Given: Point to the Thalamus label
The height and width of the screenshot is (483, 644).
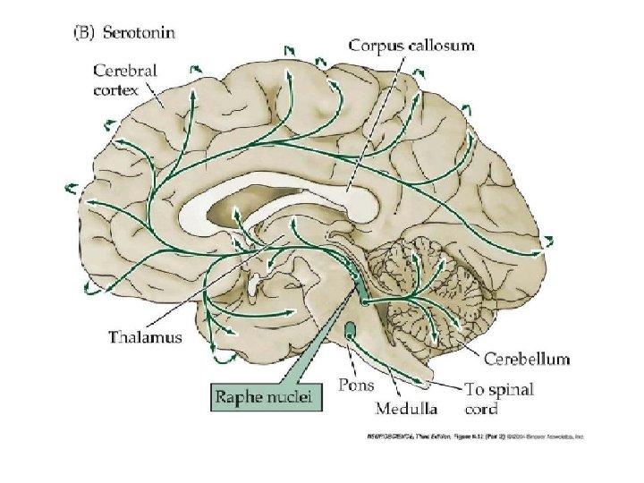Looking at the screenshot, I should point(145,337).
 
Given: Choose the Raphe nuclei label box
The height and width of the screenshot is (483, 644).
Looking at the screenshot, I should point(266,395).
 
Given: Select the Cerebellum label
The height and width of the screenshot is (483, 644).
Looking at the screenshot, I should point(527,360).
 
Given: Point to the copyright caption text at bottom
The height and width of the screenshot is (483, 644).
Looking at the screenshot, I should point(473,437).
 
